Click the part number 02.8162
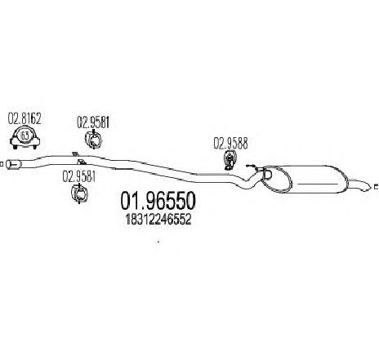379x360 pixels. [x=25, y=118]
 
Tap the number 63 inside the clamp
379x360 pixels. [x=25, y=136]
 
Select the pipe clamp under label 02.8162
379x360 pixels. [x=25, y=138]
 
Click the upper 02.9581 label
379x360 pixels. [x=93, y=122]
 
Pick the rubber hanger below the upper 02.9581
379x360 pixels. [x=93, y=140]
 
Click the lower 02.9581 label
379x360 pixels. [x=79, y=176]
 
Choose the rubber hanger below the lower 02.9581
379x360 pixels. [x=79, y=193]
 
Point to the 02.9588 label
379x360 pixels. [x=230, y=144]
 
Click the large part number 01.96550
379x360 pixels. [x=158, y=201]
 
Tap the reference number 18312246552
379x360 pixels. [x=158, y=219]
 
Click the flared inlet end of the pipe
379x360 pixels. [x=13, y=164]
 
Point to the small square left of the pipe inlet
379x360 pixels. [x=1, y=164]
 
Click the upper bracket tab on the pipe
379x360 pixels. [x=74, y=153]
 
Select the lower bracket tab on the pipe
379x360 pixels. [x=81, y=162]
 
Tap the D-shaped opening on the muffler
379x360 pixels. [x=268, y=175]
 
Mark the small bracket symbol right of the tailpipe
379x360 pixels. [x=377, y=187]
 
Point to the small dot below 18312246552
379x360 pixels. [x=158, y=241]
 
